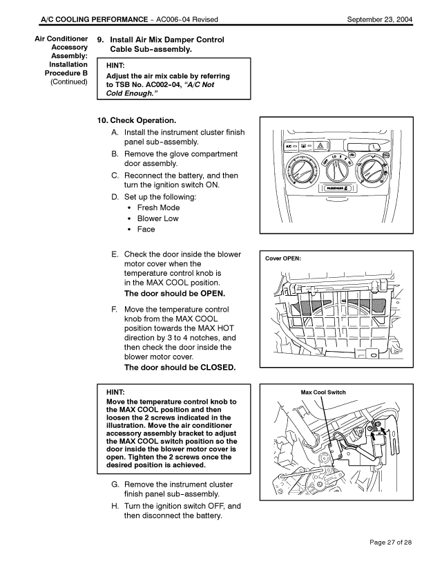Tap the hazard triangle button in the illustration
[320, 147]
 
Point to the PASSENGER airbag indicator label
[335, 188]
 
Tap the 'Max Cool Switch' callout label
[323, 392]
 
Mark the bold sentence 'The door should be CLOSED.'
[180, 367]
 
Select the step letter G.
[115, 484]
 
